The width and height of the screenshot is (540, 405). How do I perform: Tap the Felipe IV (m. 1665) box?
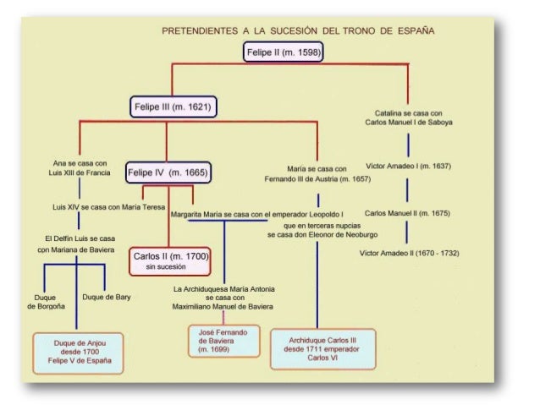tap(167, 172)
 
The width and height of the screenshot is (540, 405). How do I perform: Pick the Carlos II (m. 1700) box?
tap(170, 260)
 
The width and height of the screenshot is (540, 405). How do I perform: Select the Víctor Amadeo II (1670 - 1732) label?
tap(410, 253)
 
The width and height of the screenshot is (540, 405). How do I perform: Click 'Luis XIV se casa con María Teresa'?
tap(108, 205)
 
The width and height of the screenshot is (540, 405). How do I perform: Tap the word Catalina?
tap(390, 112)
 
